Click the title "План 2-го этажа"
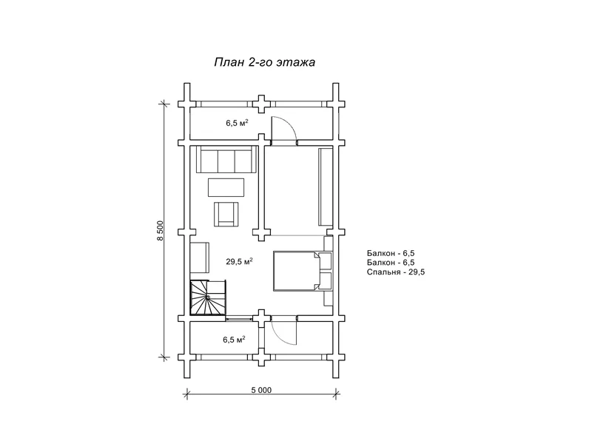click(264, 62)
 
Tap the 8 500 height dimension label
click(160, 231)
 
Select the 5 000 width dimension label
click(261, 390)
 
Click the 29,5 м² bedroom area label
click(239, 261)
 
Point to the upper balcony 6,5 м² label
click(237, 123)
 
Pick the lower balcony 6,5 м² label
click(234, 340)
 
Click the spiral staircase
click(208, 297)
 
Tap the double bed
click(297, 271)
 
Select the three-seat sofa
click(226, 160)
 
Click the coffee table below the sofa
click(226, 187)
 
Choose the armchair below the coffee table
click(226, 214)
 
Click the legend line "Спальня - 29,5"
click(396, 272)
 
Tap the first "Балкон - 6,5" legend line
click(391, 253)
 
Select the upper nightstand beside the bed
click(326, 260)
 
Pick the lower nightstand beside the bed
click(326, 281)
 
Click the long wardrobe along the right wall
click(326, 187)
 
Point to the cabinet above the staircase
click(200, 258)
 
